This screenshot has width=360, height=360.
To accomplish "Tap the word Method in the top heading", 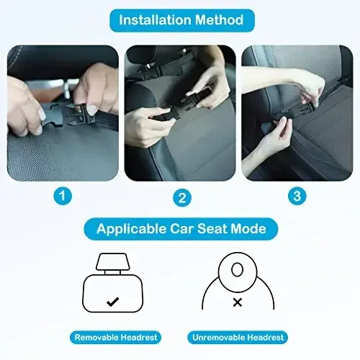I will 220,19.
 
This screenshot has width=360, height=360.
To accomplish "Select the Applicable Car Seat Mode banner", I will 179,230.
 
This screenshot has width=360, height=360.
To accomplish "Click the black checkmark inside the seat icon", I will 112,302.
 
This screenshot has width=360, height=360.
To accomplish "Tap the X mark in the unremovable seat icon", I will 237,303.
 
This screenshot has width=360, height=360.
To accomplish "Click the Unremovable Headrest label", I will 238,337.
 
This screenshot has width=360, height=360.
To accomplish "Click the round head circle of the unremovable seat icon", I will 237,270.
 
